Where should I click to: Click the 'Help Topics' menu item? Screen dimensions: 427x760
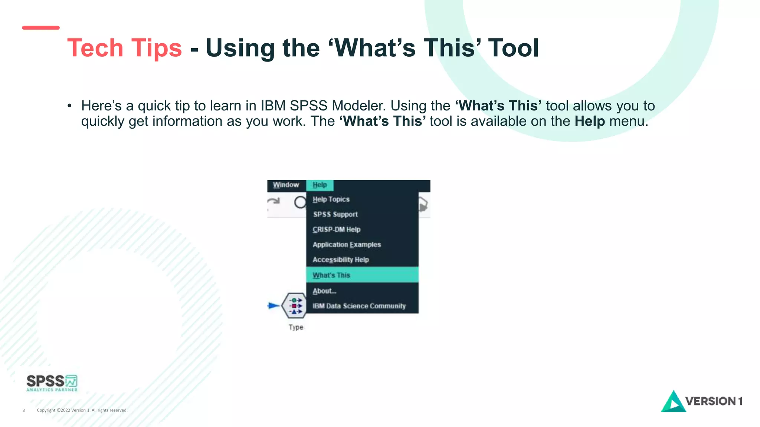[331, 199]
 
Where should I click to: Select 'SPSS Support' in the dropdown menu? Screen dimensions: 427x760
[335, 214]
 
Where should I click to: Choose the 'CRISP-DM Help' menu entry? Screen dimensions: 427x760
[336, 229]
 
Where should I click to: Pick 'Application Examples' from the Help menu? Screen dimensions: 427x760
[347, 245]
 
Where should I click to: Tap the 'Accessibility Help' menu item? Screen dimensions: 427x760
[341, 260]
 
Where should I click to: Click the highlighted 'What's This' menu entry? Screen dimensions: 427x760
[331, 275]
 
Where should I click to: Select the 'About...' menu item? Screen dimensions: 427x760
[324, 291]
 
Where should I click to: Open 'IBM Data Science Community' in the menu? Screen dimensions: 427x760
[359, 306]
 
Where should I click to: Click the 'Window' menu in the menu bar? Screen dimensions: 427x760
[286, 185]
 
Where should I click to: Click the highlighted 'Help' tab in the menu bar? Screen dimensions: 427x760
[320, 185]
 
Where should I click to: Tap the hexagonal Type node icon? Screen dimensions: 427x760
[294, 306]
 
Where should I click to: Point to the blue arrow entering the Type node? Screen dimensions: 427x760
[273, 306]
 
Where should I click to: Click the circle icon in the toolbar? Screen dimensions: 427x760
[300, 202]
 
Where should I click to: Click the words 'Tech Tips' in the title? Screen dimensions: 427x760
[124, 48]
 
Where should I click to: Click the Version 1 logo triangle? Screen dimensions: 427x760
[672, 403]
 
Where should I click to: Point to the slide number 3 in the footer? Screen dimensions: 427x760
[24, 410]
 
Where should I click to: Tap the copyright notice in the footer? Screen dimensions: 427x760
[82, 410]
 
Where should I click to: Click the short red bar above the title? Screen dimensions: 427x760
[41, 28]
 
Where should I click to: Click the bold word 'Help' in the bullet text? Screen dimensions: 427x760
[590, 121]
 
